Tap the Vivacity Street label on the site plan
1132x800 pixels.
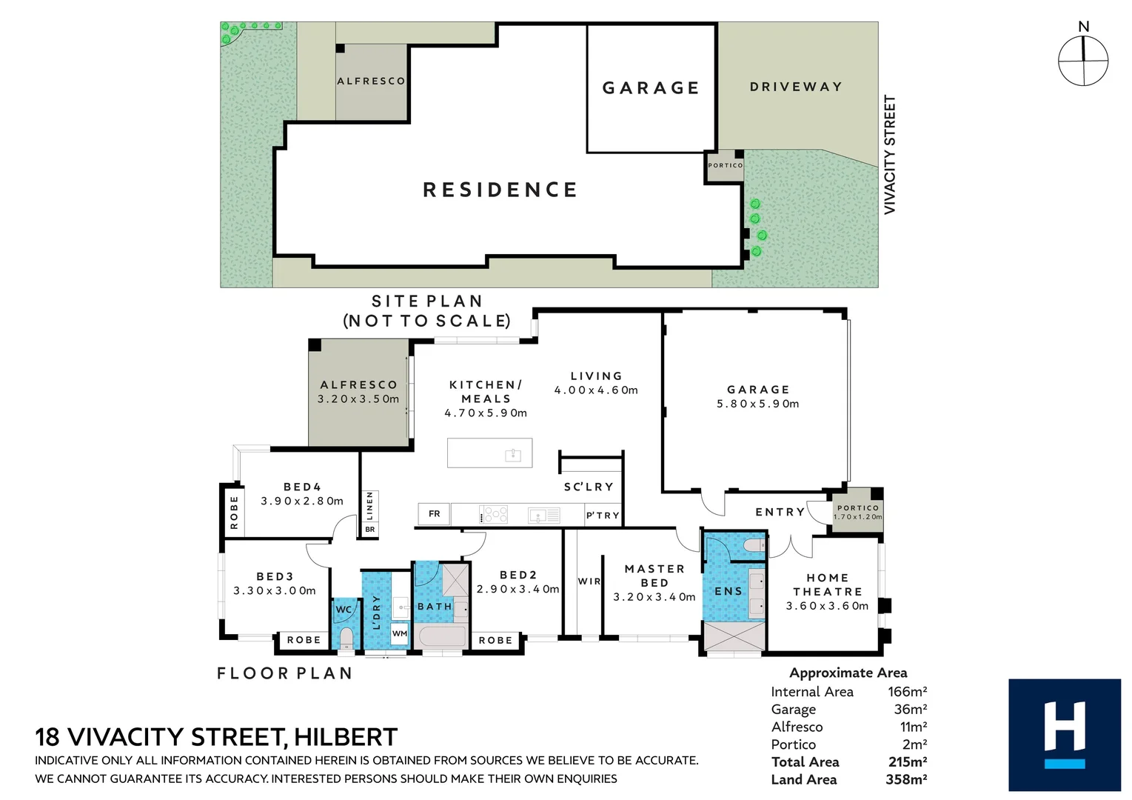[889, 155]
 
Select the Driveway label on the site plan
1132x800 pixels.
[796, 87]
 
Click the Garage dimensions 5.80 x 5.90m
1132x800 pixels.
[757, 404]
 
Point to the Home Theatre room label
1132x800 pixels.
[827, 584]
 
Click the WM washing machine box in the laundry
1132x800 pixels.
[400, 633]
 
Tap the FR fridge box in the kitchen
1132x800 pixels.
[434, 513]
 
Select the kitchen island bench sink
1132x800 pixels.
[512, 454]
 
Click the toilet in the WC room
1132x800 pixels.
[345, 637]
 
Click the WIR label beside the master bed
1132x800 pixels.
[589, 581]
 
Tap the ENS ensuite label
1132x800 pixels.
[728, 591]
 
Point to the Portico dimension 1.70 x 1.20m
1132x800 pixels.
[857, 517]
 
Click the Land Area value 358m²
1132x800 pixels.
[906, 779]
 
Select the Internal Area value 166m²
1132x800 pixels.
[907, 691]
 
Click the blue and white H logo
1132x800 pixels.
[1064, 735]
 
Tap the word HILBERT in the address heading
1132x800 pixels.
[346, 737]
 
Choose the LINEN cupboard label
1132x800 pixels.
[369, 506]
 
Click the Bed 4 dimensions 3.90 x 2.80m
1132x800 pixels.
[302, 501]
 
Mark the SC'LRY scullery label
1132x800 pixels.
[589, 487]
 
